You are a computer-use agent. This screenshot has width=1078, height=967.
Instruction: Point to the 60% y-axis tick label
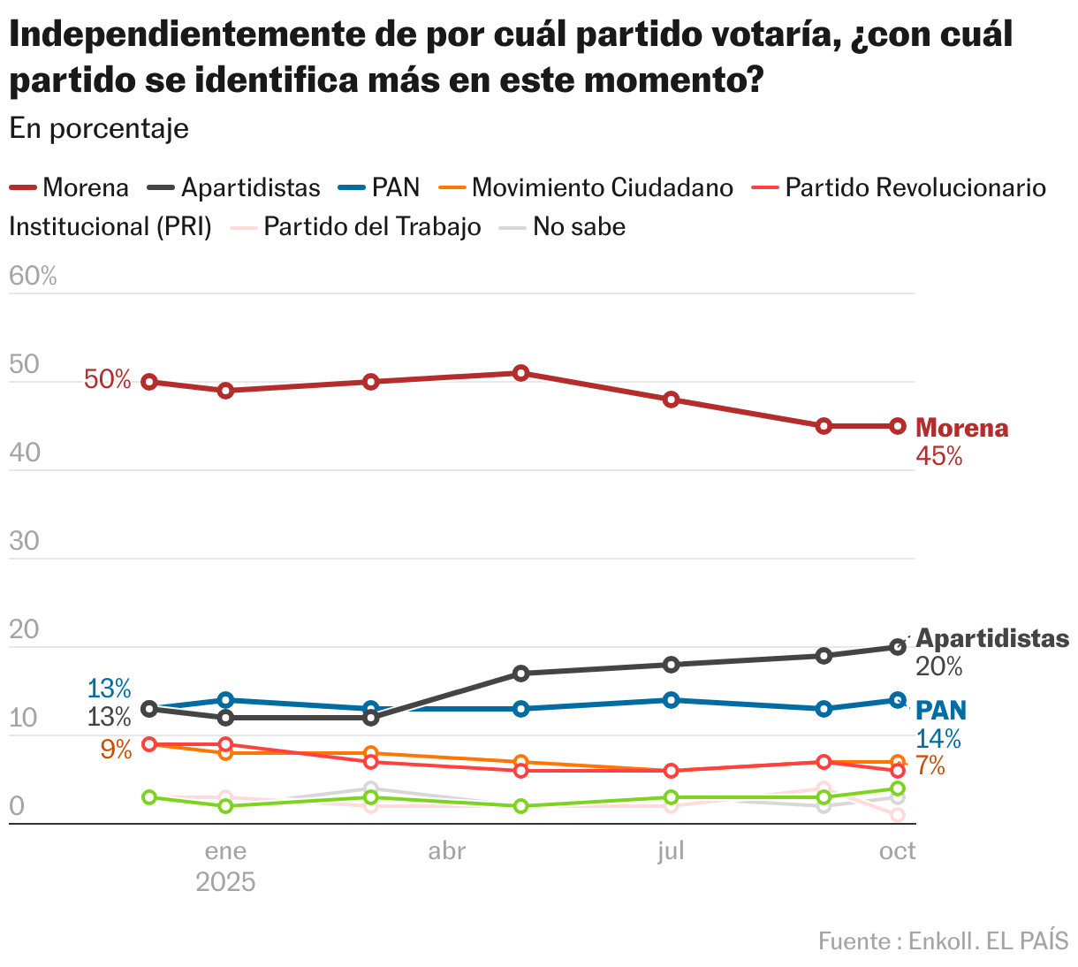point(33,277)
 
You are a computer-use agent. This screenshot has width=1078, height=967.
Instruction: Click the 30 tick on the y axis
point(25,541)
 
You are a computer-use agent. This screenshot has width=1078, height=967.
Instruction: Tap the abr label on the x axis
point(447,851)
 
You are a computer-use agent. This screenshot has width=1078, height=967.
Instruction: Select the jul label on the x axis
point(672,851)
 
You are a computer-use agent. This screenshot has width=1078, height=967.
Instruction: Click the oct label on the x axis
point(898,851)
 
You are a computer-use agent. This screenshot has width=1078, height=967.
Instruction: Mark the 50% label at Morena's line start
point(108,380)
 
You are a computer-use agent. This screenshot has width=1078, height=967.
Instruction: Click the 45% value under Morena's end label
point(939,456)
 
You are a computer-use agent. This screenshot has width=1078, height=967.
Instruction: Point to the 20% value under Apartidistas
point(939,666)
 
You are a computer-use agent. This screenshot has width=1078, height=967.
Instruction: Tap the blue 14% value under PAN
point(938,739)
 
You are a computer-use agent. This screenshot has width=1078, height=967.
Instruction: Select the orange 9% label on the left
point(116,750)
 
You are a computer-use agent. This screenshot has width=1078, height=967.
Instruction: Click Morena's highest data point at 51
point(521,373)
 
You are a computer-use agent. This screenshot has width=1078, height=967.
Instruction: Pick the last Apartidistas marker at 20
point(898,647)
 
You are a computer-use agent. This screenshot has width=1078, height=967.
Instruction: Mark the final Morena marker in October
point(898,426)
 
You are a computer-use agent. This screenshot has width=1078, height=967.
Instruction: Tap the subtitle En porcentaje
point(99,128)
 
